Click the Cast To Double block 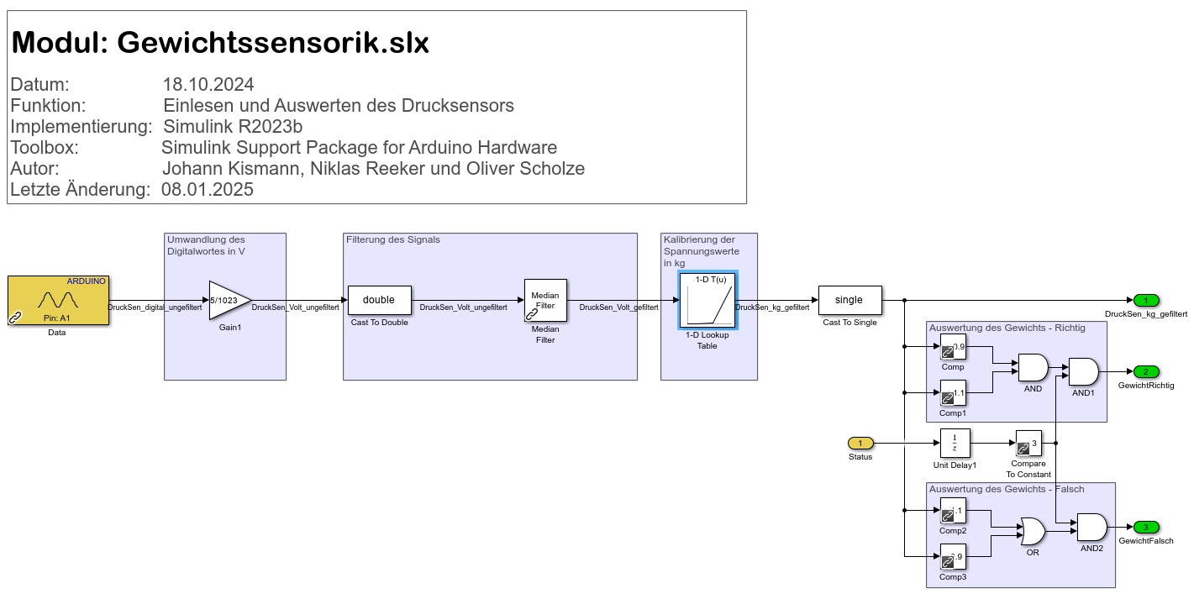tap(379, 300)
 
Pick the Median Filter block tap(545, 300)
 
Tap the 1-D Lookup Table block tap(707, 300)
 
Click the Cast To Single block tap(851, 300)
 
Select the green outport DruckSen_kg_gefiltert tap(1145, 300)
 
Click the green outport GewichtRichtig tap(1145, 371)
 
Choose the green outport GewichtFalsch tap(1145, 528)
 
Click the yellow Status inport tap(860, 443)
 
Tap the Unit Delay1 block tap(955, 443)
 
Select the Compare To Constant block tap(1028, 443)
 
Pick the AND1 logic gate tap(1083, 371)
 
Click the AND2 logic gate tap(1091, 528)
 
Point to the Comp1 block tap(953, 392)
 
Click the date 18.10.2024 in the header tap(208, 85)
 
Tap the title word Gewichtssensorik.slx tap(273, 43)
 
